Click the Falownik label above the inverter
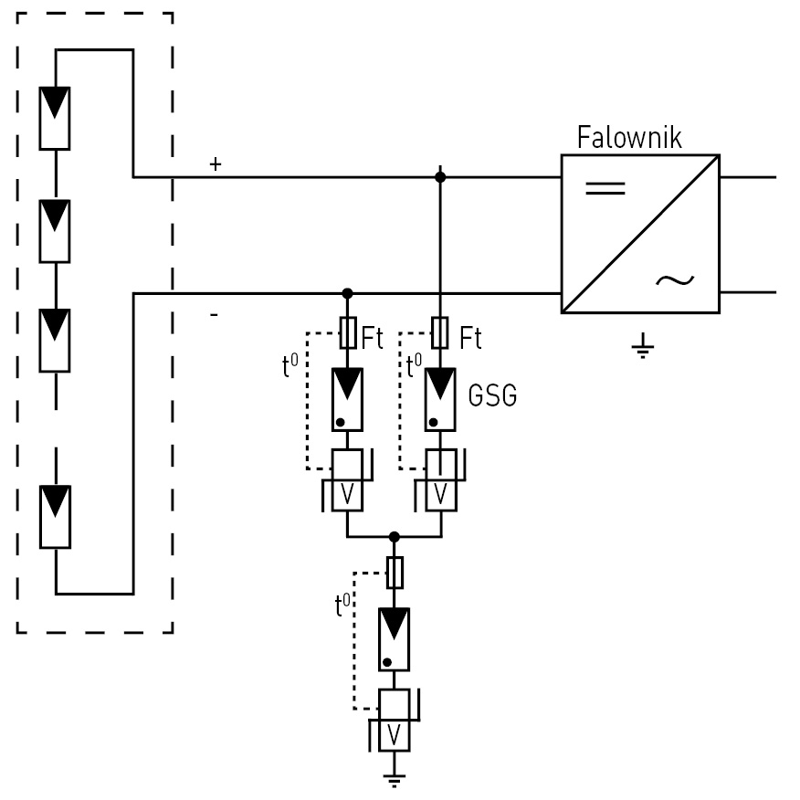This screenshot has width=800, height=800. click(x=629, y=137)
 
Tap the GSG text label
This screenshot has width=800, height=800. click(x=492, y=395)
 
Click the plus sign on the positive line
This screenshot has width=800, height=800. click(x=216, y=163)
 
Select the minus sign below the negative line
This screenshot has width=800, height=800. click(x=215, y=315)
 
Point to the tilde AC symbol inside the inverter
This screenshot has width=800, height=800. click(x=675, y=280)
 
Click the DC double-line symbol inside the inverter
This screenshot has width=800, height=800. click(x=605, y=188)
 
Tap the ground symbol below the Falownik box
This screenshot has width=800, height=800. click(x=642, y=345)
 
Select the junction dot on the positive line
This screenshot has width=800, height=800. click(x=440, y=177)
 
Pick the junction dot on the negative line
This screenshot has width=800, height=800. click(x=347, y=293)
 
